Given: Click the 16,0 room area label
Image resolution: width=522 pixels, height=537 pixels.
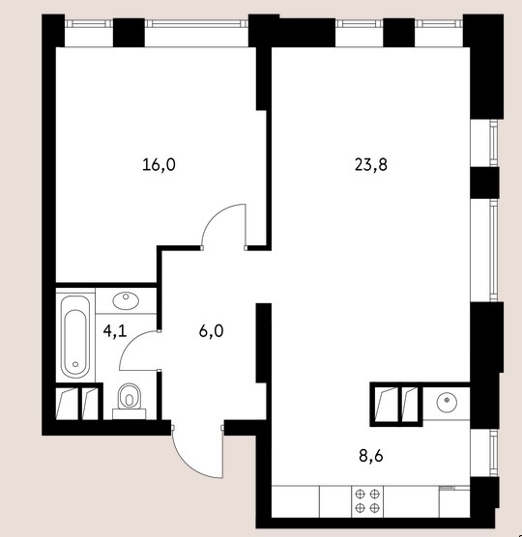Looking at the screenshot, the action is (x=159, y=165).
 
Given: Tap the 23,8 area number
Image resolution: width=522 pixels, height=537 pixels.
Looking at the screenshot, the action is (x=371, y=165).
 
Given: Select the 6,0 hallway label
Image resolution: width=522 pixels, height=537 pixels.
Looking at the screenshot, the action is (x=211, y=331).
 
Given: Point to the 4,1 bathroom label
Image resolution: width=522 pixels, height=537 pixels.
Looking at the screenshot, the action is (x=115, y=331).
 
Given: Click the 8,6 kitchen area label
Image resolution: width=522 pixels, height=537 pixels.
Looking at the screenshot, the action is (x=371, y=456).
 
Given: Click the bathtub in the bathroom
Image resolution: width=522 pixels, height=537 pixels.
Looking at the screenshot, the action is (x=75, y=337).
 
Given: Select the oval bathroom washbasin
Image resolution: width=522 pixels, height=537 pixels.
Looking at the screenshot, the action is (x=126, y=300).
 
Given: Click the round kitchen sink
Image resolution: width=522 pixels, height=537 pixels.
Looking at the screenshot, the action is (x=447, y=402).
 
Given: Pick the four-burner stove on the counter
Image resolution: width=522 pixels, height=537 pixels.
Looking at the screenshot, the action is (x=367, y=501).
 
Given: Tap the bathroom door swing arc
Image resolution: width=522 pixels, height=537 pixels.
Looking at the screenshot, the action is (x=127, y=346).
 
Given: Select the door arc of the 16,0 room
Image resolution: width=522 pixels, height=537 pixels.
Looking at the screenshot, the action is (x=216, y=214).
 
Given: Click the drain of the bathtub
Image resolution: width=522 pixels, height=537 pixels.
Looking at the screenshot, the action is (x=75, y=364).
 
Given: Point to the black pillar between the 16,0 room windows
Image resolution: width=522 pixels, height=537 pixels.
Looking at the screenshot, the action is (x=129, y=33).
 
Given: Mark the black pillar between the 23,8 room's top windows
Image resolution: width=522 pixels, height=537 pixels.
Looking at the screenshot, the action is (x=398, y=33).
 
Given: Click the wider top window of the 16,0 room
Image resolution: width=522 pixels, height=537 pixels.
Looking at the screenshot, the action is (x=196, y=23).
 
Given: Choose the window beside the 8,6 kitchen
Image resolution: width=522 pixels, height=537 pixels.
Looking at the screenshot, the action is (x=494, y=453).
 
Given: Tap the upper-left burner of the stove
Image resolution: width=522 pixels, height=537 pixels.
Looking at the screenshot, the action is (x=360, y=494).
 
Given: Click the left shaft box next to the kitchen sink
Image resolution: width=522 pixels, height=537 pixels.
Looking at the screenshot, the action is (x=386, y=404).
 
